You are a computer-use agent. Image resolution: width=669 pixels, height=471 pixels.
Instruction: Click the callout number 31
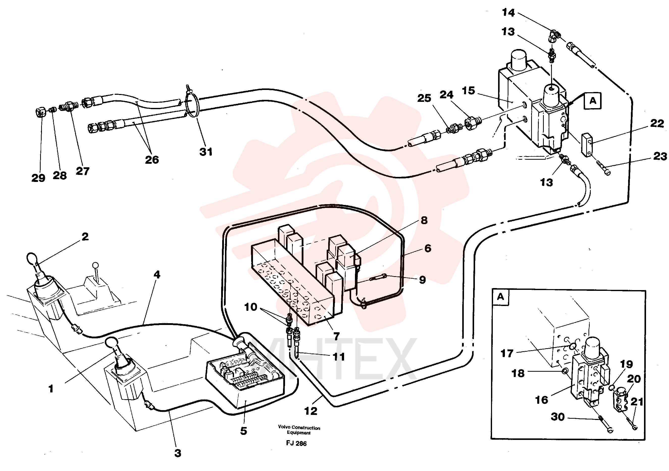[x=206, y=152]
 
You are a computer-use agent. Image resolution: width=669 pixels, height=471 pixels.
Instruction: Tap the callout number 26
[x=152, y=159]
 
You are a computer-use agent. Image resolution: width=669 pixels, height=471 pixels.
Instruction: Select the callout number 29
[x=38, y=178]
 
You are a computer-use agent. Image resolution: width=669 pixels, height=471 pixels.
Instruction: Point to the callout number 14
[x=508, y=13]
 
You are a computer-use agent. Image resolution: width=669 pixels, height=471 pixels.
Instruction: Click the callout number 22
[x=657, y=123]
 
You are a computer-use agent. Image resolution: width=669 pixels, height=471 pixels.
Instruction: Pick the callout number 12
[x=311, y=411]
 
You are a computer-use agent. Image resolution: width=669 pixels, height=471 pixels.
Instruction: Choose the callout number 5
[x=244, y=431]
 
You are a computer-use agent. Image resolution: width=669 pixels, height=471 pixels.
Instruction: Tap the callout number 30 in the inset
[x=558, y=417]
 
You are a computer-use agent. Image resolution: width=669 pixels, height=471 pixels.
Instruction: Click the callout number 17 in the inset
[x=507, y=354]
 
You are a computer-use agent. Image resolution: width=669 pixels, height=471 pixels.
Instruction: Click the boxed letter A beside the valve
[x=593, y=101]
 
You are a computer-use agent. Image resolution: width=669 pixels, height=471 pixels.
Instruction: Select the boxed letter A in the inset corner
[x=500, y=297]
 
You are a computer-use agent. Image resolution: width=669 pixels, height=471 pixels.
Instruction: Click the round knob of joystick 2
[x=31, y=257]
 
